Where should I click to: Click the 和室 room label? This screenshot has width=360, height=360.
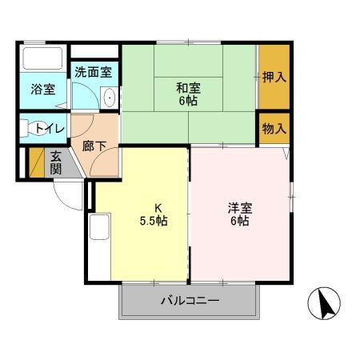pyautogui.click(x=188, y=87)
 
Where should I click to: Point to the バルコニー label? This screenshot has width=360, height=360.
pyautogui.click(x=190, y=301)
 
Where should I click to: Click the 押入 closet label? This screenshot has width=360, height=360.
pyautogui.click(x=274, y=77)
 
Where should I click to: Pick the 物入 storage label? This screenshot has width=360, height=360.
pyautogui.click(x=274, y=128)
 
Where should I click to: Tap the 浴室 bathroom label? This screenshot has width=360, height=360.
pyautogui.click(x=43, y=89)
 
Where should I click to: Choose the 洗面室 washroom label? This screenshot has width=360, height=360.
pyautogui.click(x=94, y=72)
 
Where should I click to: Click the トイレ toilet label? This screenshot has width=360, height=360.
pyautogui.click(x=48, y=127)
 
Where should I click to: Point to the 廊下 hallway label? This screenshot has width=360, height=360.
pyautogui.click(x=94, y=146)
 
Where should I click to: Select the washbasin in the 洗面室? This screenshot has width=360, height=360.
pyautogui.click(x=110, y=98)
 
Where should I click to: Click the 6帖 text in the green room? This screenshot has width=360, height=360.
pyautogui.click(x=188, y=101)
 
